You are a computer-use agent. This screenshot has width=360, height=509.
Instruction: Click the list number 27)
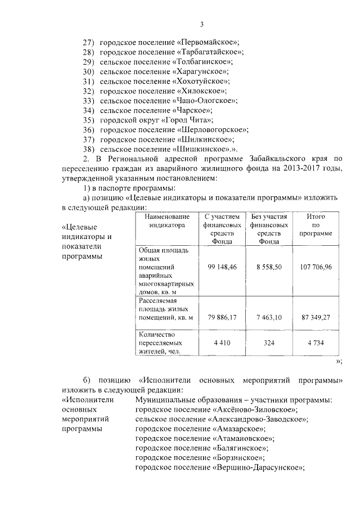pos(89,43)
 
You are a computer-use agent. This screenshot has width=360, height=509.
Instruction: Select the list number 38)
pos(89,148)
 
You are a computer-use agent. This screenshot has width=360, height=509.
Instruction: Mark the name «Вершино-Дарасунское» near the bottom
pos(260,467)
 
